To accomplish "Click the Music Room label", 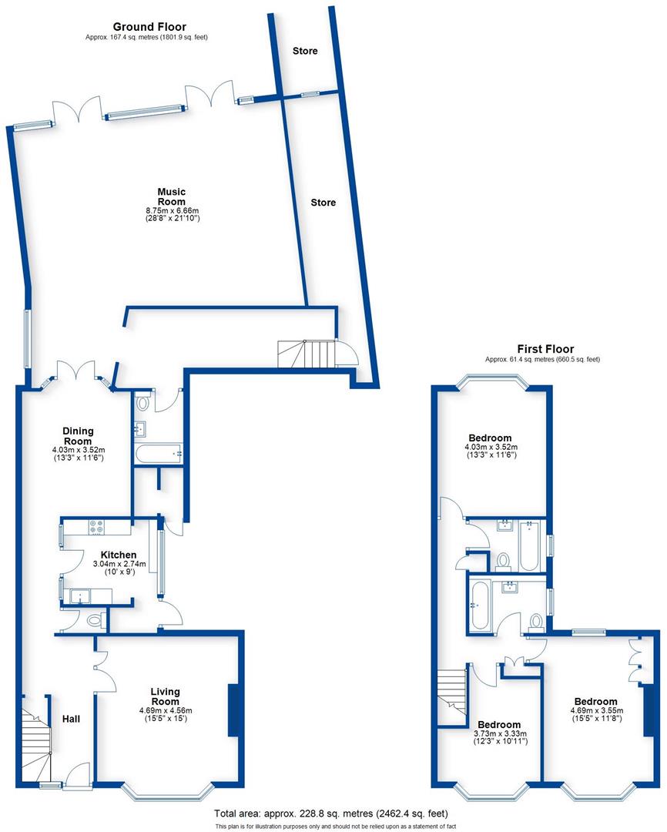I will click(172, 196).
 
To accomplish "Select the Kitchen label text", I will click(119, 555).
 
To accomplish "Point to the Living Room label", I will click(166, 696).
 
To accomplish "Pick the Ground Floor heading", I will click(149, 27).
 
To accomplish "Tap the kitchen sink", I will click(79, 596).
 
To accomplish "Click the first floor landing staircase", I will click(452, 697).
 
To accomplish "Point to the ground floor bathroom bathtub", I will click(158, 455).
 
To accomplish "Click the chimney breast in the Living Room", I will click(233, 710).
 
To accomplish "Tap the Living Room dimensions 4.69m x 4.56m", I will click(166, 710).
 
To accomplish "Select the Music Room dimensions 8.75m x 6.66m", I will click(172, 210).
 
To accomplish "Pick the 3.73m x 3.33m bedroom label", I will click(499, 725).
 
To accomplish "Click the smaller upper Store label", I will click(305, 52).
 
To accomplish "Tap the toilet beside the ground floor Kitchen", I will click(95, 619).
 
